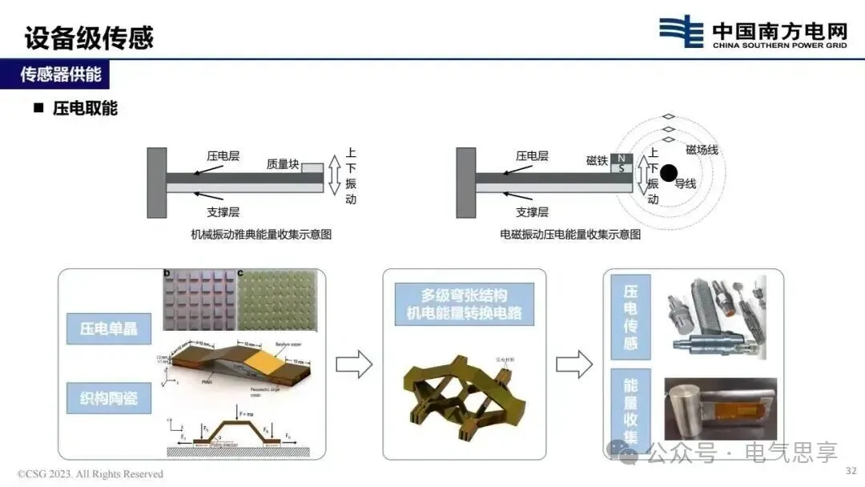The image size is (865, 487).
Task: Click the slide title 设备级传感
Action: click(x=89, y=37)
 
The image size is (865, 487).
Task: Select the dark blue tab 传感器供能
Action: click(x=61, y=75)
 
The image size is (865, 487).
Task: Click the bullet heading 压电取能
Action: click(x=85, y=108)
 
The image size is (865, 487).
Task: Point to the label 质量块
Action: click(x=283, y=165)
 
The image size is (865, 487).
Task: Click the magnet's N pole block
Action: click(x=622, y=157)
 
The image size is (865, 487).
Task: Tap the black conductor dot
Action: click(x=668, y=171)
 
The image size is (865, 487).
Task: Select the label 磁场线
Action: click(x=702, y=150)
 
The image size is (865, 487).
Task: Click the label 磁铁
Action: click(x=597, y=161)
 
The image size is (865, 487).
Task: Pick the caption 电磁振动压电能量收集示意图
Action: click(x=570, y=235)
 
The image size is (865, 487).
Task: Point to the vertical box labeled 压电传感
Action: click(x=630, y=317)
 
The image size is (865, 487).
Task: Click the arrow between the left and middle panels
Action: click(x=354, y=364)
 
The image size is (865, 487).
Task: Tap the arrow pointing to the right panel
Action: click(x=573, y=364)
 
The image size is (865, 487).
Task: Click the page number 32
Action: click(x=851, y=471)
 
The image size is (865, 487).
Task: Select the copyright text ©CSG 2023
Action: click(x=91, y=474)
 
